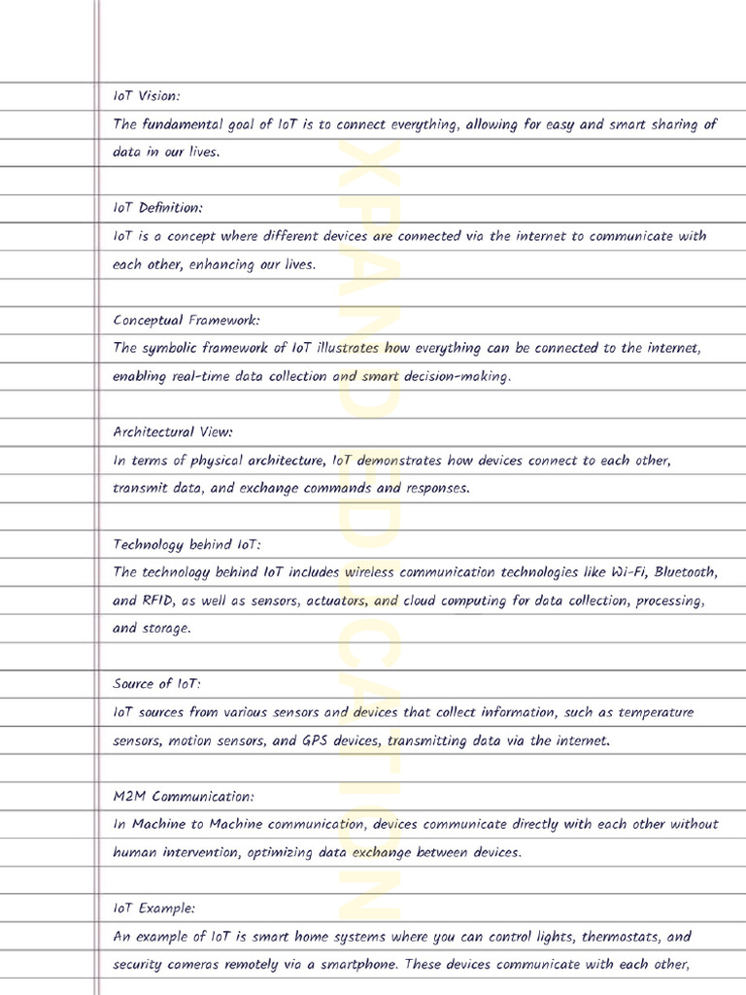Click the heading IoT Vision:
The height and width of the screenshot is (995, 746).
pos(147,96)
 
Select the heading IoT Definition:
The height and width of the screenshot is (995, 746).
pos(157,208)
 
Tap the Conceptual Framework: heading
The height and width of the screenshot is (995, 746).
pos(186,320)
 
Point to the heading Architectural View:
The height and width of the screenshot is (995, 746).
pos(173,431)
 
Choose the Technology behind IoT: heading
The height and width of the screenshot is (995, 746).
pos(186,544)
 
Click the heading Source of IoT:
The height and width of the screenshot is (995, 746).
pos(156,684)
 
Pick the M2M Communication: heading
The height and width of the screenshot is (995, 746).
pos(184,797)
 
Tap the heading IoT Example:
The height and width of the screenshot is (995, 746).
pos(153,909)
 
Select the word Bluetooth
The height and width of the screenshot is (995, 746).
pos(686,572)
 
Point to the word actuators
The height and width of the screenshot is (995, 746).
pos(337,600)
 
